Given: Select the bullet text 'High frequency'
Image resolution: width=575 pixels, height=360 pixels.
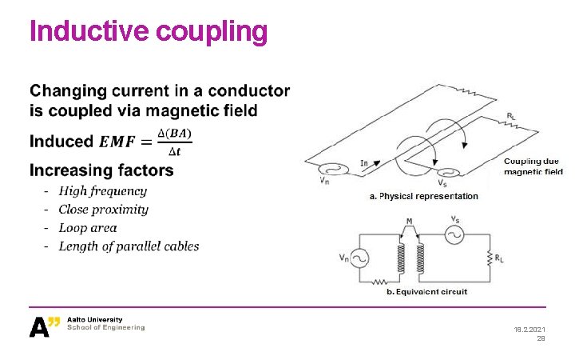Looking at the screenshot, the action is [x=102, y=191].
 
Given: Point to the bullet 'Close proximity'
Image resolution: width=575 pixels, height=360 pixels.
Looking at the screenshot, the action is [x=103, y=210].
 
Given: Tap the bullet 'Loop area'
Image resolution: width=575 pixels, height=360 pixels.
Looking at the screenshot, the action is [x=88, y=228].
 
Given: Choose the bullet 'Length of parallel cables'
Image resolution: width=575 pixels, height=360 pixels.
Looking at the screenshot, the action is [x=129, y=246].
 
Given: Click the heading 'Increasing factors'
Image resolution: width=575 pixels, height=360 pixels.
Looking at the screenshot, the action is [x=101, y=170].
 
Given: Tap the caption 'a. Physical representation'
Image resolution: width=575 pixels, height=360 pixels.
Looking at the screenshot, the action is [x=423, y=196].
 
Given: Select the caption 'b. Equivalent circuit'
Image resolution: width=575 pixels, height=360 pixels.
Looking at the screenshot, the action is [x=426, y=292].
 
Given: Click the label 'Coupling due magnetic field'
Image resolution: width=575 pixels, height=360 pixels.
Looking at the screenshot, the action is [x=533, y=166].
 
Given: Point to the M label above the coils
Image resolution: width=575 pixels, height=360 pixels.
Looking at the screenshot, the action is [x=410, y=221].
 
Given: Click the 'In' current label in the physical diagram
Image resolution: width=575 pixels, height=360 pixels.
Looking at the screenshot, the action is [x=365, y=163].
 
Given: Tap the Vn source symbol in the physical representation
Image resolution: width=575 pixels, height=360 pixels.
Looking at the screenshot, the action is [x=327, y=170].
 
